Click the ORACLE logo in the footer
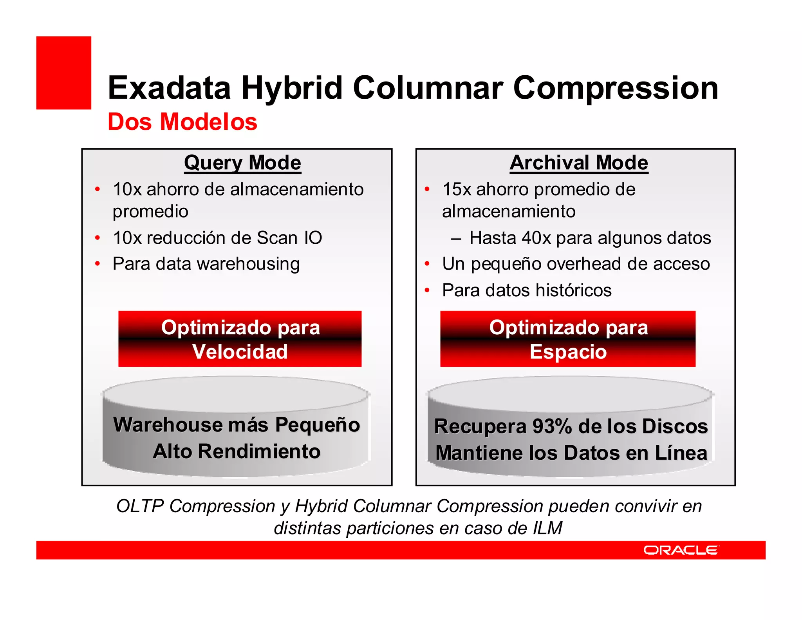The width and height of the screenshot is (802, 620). (681, 550)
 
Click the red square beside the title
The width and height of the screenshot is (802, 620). (64, 73)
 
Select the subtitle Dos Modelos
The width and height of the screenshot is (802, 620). (182, 121)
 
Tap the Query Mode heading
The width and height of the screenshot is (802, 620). (242, 163)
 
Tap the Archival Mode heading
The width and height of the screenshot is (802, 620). (579, 163)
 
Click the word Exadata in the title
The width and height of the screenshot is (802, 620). (169, 88)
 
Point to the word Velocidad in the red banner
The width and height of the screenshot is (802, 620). (240, 352)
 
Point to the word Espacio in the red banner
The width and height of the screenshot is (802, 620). (568, 352)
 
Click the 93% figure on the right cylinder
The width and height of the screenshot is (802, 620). (552, 426)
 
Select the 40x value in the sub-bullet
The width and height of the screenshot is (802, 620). (536, 238)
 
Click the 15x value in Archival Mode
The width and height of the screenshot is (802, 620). (457, 190)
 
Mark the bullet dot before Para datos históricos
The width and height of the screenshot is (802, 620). (427, 290)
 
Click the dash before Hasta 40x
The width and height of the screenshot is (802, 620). (456, 238)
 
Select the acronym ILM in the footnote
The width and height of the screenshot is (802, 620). (547, 528)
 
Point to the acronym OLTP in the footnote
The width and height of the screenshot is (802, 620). (140, 506)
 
